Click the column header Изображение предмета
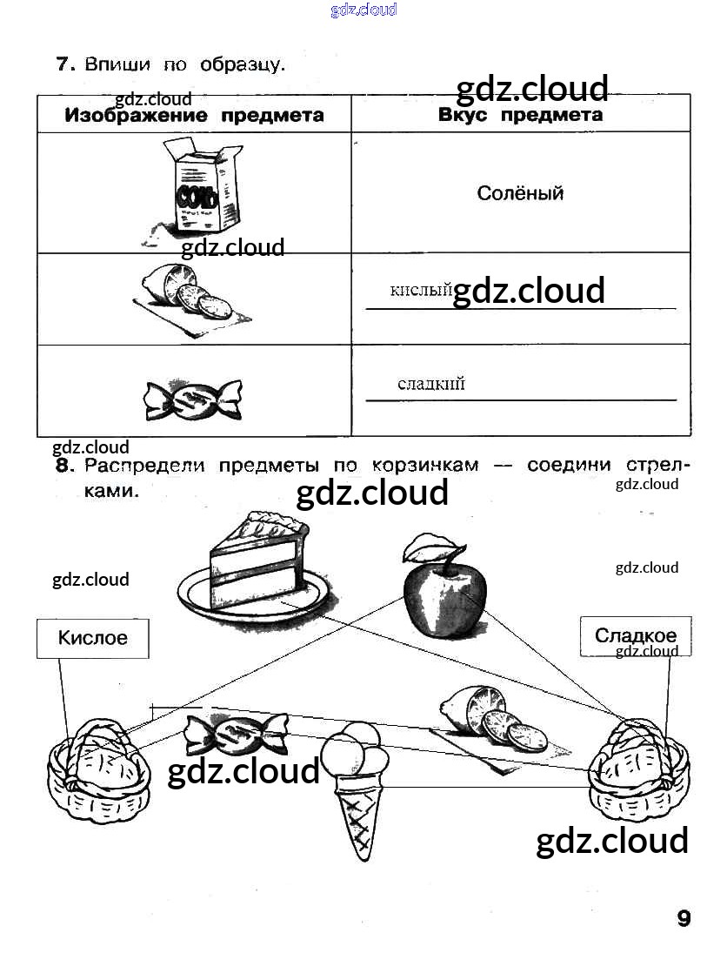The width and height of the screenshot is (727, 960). (195, 116)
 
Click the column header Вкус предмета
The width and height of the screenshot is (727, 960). (520, 115)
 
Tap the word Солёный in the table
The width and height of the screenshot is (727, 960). (520, 193)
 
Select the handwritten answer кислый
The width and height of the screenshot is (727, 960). (421, 290)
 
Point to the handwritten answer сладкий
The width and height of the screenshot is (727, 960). (431, 383)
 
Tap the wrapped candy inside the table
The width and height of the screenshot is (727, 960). (193, 399)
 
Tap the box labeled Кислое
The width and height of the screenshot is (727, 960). (92, 638)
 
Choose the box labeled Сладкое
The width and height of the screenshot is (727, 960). (635, 636)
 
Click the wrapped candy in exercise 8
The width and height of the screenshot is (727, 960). (235, 732)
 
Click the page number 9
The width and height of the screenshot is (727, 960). (683, 918)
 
